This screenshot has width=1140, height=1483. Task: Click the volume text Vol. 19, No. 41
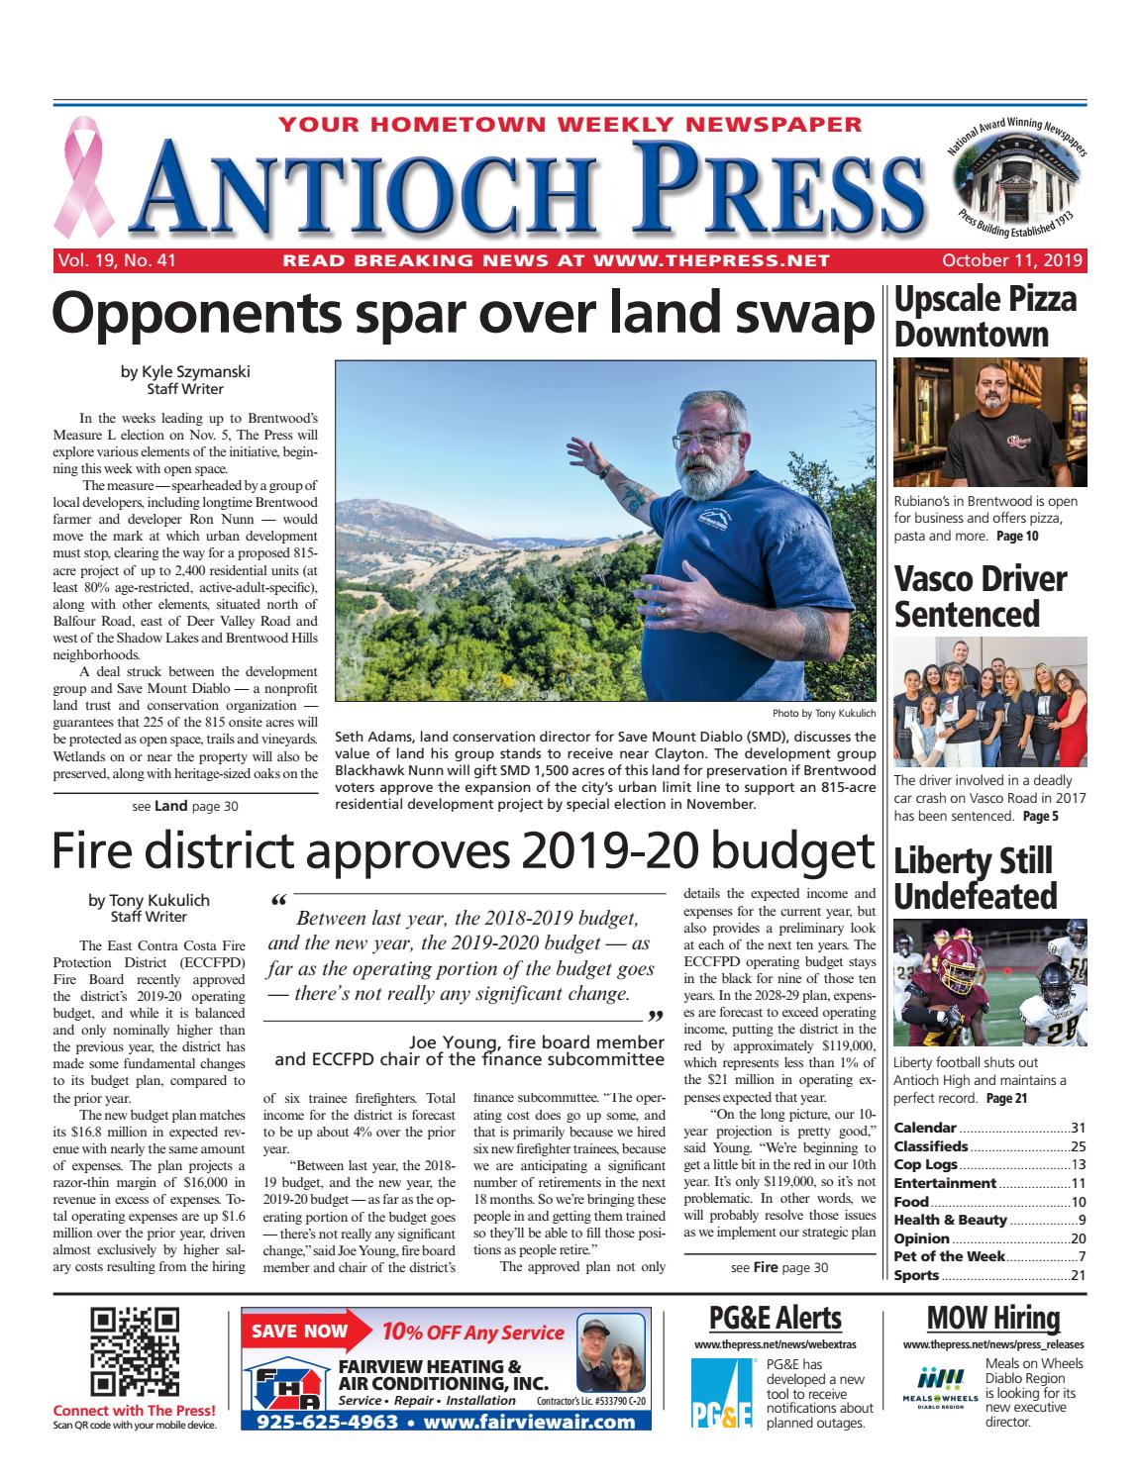point(117,261)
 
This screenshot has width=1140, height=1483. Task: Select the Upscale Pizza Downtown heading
point(985,317)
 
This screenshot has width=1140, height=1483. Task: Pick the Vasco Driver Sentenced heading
point(981,596)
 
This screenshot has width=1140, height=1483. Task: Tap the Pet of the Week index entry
point(949,1256)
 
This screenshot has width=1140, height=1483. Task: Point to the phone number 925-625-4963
point(327,1423)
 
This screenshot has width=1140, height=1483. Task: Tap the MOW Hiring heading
point(992,1318)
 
